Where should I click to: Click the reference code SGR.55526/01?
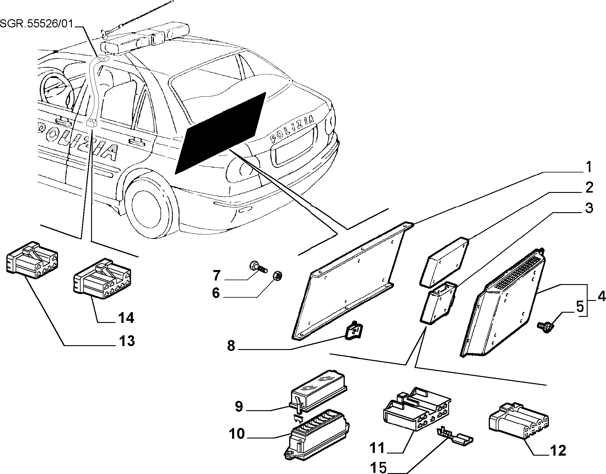(x=37, y=23)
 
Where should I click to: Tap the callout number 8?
(x=231, y=346)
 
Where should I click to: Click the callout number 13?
(x=127, y=341)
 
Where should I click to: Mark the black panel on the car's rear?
(x=220, y=133)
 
